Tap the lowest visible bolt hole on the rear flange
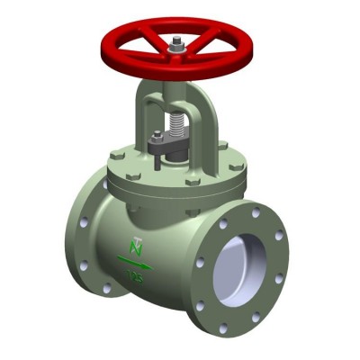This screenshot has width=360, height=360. (x=106, y=289)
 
